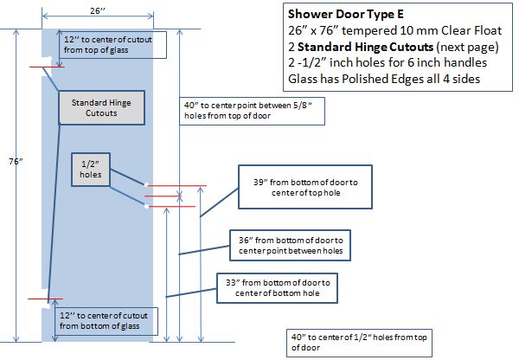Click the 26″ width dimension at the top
coord(97,10)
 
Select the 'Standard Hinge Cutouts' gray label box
coord(94,108)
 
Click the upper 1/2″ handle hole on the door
coord(148,185)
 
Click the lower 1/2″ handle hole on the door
coord(144,205)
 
